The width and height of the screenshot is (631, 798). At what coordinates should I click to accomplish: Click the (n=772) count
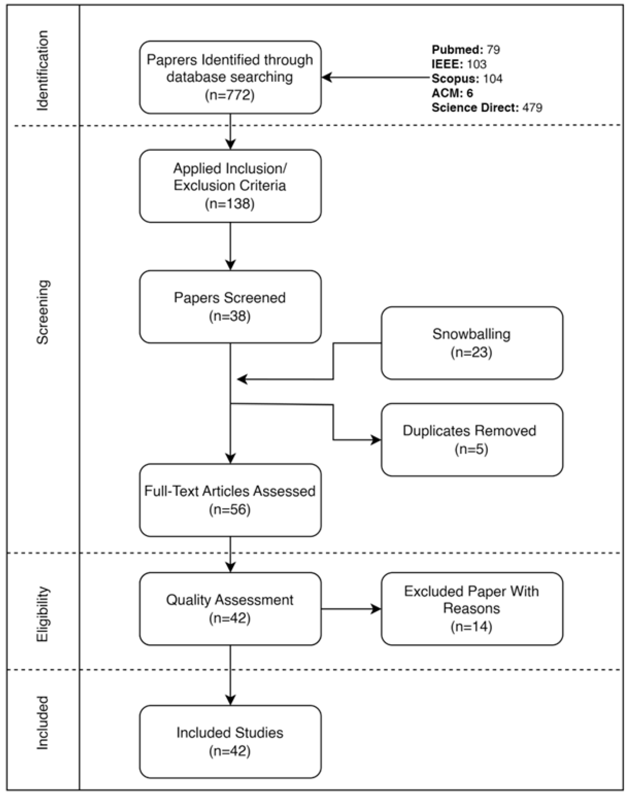pos(230,95)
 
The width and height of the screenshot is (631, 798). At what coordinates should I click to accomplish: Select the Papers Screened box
pos(230,307)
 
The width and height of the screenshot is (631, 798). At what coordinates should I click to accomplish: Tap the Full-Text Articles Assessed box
pos(230,500)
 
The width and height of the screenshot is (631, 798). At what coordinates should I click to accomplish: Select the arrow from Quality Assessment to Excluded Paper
pos(351,609)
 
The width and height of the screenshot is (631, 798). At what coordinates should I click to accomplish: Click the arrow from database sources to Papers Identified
pos(377,78)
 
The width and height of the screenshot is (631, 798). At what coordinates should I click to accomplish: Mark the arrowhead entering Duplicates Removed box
pos(376,440)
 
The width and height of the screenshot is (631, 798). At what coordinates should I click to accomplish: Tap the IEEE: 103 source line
pos(459,64)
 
